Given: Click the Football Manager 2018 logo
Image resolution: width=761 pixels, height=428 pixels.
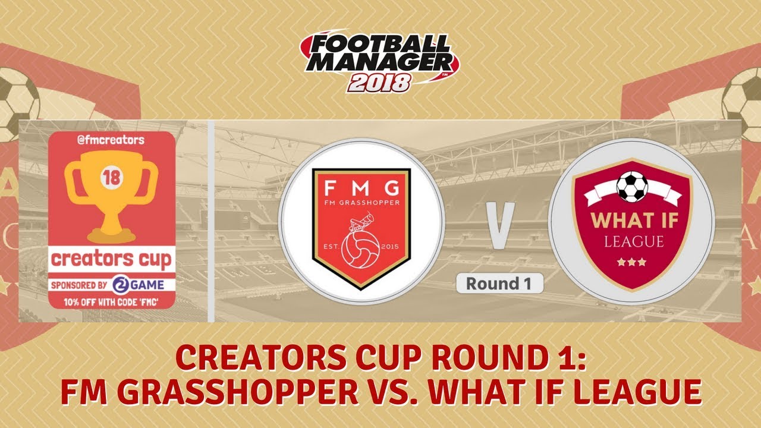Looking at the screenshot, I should [380, 59].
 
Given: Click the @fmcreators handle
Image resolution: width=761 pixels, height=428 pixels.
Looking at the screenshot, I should [111, 140].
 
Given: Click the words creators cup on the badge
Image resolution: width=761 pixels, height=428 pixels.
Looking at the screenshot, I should [111, 259].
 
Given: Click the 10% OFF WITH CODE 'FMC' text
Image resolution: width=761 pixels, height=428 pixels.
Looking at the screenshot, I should [111, 302].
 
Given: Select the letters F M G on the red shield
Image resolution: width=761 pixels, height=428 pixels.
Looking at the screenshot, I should [361, 190].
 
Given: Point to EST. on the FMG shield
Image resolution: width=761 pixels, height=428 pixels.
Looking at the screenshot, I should [330, 244].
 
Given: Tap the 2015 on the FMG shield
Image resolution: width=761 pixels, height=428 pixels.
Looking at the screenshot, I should [391, 244].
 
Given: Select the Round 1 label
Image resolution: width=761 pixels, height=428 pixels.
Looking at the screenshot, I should [499, 284].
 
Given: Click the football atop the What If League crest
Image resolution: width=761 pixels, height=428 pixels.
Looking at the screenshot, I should [631, 186].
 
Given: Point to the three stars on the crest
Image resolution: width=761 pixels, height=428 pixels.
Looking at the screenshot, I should [631, 262].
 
